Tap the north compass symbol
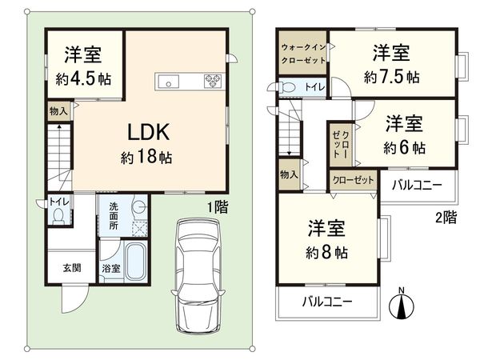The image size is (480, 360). [402, 304]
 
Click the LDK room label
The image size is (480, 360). [146, 130]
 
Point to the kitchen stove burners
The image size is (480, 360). [214, 79]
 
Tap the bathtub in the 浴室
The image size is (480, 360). [135, 262]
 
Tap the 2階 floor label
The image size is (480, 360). [446, 215]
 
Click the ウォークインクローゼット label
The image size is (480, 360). [302, 54]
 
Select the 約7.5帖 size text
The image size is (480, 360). [390, 78]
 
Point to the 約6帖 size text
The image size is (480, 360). [404, 148]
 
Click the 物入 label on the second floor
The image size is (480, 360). [289, 174]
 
